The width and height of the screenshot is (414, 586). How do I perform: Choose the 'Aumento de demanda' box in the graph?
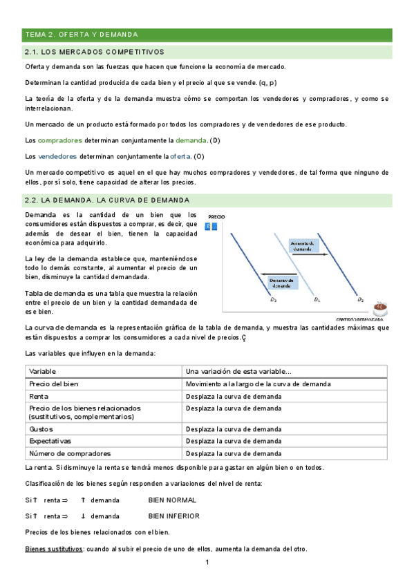303,246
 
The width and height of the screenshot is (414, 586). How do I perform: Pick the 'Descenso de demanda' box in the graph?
282,283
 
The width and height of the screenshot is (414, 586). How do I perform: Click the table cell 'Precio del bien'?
55,384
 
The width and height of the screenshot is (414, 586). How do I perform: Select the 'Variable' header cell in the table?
43,371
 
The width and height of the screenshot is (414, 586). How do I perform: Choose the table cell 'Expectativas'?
50,441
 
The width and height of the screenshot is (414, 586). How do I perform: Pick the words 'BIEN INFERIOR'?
173,516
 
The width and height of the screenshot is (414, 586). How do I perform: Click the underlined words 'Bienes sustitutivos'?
53,549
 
